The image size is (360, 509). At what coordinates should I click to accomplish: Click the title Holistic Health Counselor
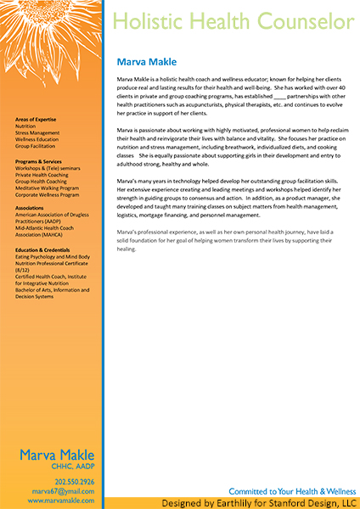click(x=233, y=21)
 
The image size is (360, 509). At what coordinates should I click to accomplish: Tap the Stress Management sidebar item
click(x=37, y=132)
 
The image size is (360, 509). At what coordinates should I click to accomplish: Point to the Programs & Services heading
click(x=38, y=161)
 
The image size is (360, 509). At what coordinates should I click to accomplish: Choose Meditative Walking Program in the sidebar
click(x=47, y=187)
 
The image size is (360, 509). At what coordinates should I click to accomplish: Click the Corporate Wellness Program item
click(x=46, y=194)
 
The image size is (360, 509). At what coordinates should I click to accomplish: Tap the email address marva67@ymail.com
click(x=64, y=491)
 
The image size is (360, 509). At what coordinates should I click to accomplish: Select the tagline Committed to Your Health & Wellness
click(x=292, y=491)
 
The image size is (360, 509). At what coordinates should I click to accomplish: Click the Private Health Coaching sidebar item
click(x=42, y=174)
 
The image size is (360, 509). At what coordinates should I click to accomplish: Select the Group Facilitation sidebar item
click(x=36, y=146)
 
